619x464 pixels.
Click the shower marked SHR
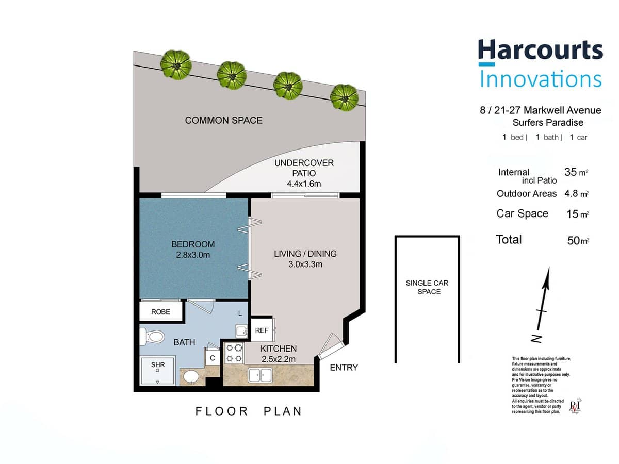[158, 370]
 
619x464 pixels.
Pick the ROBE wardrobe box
[160, 312]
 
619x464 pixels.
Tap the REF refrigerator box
[262, 331]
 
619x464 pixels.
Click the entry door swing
[328, 345]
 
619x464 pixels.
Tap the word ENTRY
[344, 368]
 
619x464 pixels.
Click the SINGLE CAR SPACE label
[427, 287]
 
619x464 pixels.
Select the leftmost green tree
[176, 64]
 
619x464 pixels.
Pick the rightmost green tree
[344, 96]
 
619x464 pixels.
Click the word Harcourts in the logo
[540, 52]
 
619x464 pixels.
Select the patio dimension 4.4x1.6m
[304, 184]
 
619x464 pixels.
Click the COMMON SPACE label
[223, 121]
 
